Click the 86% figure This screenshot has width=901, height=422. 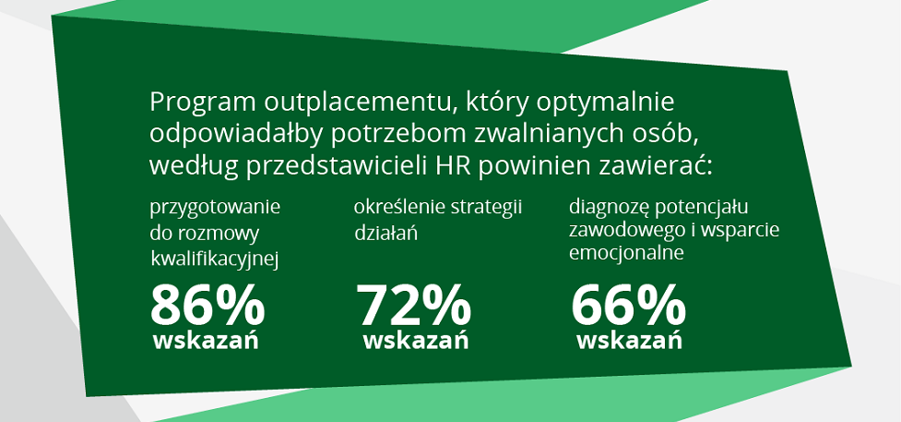coord(207,306)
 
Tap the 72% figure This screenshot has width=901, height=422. coord(414,306)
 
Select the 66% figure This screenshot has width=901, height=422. coord(628,306)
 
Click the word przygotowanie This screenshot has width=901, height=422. coord(215,209)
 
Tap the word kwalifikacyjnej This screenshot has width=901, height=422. coord(214,260)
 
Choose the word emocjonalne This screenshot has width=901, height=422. coord(626,253)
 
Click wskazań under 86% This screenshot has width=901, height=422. coord(206,341)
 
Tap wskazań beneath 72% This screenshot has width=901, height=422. coord(415,341)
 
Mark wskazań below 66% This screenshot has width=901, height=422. coord(629,341)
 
